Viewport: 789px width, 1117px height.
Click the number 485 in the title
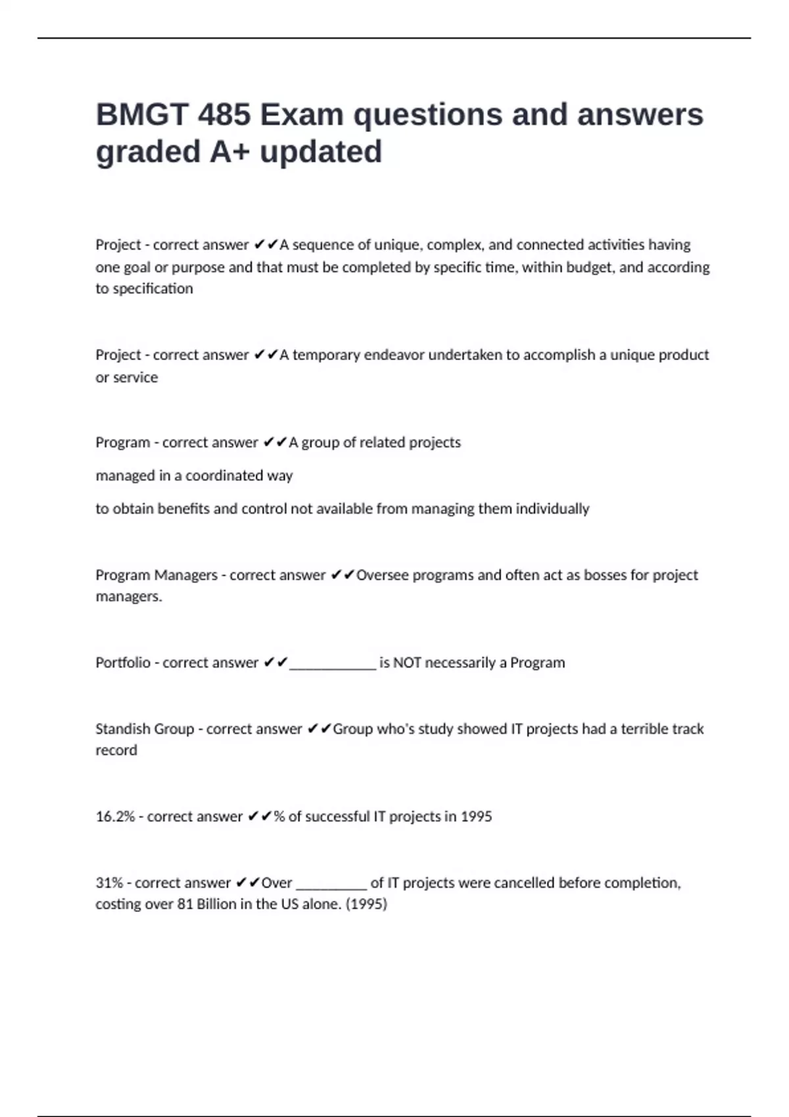224,114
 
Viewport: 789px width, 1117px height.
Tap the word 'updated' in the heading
321,152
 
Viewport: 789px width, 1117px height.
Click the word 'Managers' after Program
185,575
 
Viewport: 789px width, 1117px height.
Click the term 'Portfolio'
123,662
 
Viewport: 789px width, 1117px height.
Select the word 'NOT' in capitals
407,662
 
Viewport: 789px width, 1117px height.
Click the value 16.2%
115,817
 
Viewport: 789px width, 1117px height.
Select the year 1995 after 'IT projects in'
476,817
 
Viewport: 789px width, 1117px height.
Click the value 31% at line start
109,883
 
